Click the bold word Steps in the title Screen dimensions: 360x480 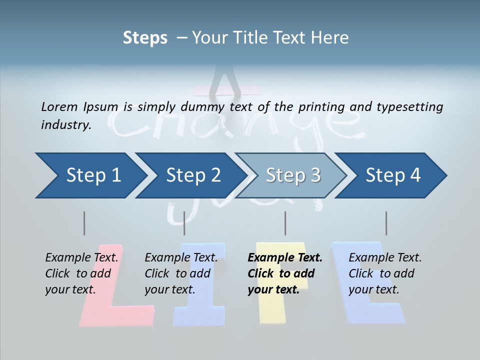145,38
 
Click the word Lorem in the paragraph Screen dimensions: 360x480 59,106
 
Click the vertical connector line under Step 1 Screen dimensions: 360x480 84,223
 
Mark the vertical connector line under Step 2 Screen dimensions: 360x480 184,223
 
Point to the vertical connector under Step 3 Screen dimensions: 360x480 285,223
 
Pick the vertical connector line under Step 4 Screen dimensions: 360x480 386,223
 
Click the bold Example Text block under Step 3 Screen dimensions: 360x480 284,273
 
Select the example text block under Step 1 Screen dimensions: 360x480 81,273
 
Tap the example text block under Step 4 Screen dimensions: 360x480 385,273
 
